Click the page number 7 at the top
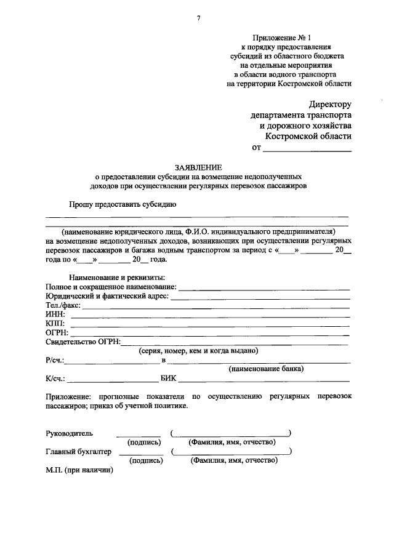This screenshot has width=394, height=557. point(198,18)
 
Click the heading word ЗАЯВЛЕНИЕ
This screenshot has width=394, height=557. point(198,167)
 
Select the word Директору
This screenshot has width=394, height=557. point(329,105)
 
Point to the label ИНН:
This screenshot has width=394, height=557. point(55,315)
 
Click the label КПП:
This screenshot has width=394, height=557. point(55,324)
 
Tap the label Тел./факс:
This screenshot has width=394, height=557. point(64,305)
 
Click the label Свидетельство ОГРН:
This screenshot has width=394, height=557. point(83,342)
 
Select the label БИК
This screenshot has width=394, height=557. point(168,380)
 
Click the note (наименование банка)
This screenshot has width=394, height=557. point(266,370)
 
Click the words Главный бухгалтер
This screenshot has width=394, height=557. point(79,451)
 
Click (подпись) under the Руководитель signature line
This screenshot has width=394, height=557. point(144,443)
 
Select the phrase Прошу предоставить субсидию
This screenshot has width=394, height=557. point(123,204)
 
